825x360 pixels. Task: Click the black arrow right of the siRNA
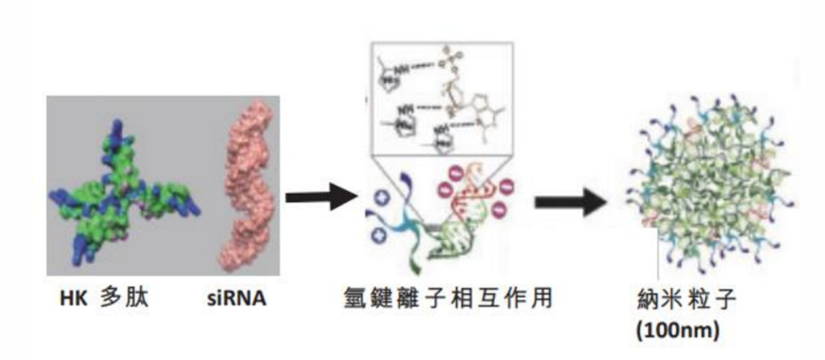point(321,197)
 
